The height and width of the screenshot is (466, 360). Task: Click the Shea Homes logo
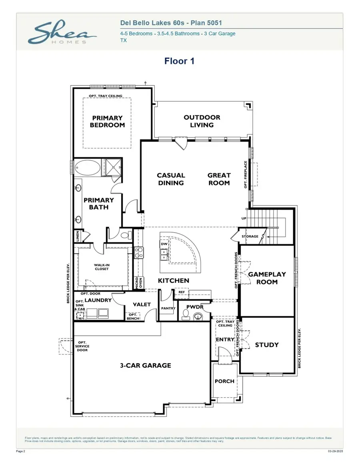pos(62,33)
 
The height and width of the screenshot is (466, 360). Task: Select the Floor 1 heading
pos(179,61)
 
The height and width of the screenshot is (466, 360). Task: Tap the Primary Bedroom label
pos(107,121)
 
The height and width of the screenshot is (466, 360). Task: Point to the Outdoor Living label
pos(202,121)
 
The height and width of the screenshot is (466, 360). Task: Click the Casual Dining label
pos(171,179)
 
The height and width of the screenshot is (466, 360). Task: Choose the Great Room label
pos(219,179)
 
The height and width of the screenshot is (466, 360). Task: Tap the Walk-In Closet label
pos(101,267)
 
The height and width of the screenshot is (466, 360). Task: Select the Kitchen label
pos(174,281)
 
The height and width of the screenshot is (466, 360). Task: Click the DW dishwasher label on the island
pos(164,243)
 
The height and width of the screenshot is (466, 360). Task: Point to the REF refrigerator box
pos(182,293)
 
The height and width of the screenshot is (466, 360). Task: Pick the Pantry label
pos(168,309)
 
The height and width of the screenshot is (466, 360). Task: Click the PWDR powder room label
pos(195,307)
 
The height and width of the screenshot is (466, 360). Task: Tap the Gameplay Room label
pos(267,278)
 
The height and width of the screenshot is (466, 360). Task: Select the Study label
pos(267,345)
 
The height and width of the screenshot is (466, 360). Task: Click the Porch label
pos(224,381)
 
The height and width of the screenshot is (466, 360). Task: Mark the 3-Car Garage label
pos(146,365)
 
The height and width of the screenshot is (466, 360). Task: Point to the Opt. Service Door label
pos(82,346)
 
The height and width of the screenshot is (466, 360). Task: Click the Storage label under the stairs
pos(250,237)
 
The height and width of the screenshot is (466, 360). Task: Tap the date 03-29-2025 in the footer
pos(335,451)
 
